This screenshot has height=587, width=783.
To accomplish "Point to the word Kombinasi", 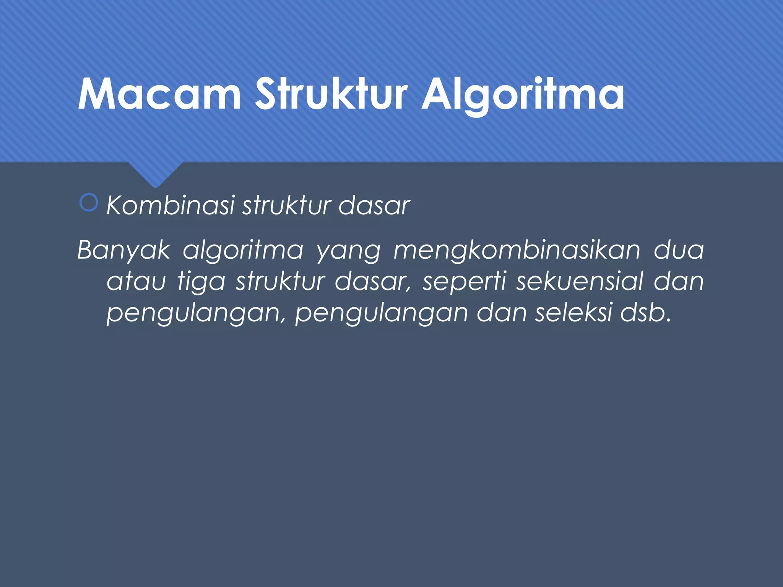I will tap(170, 206).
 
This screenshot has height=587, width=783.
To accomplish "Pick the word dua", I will tap(679, 250).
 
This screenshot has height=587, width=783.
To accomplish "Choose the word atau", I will tap(136, 282).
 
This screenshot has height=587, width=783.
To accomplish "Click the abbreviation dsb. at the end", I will tap(646, 313).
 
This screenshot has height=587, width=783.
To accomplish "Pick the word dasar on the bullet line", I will tap(374, 206).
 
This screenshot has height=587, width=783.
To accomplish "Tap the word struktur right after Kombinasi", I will tap(287, 206).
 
